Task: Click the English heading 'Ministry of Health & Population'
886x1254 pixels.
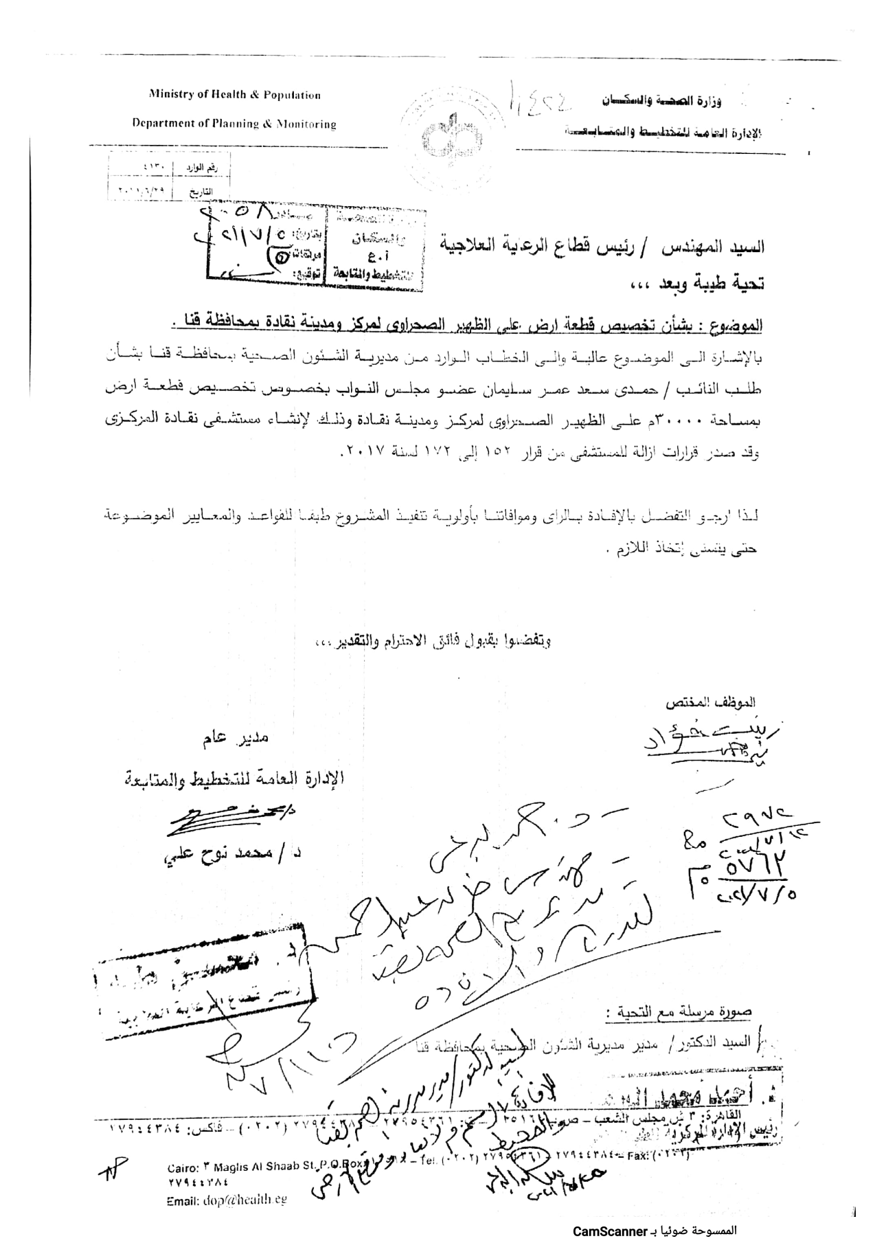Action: (x=235, y=96)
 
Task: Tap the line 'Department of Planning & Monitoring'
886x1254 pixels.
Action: (x=234, y=124)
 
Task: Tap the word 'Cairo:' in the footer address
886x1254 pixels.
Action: (x=184, y=1167)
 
